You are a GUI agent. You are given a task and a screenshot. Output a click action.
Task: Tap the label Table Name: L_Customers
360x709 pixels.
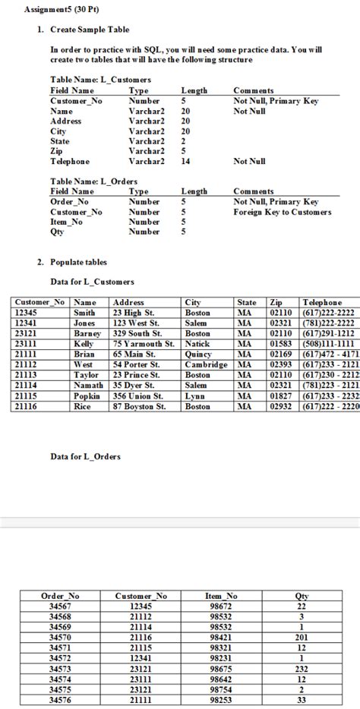(100, 80)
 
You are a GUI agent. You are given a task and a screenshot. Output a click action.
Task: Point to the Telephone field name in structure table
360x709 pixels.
(69, 162)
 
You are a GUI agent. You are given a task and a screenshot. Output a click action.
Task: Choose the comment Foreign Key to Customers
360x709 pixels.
(283, 213)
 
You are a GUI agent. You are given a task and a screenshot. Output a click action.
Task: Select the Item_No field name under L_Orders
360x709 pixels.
(68, 222)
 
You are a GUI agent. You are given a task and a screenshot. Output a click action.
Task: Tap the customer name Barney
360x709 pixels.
(87, 332)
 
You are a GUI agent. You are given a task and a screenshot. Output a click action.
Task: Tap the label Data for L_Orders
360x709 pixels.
(85, 456)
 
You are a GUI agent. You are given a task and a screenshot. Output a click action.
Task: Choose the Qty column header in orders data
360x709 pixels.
(302, 597)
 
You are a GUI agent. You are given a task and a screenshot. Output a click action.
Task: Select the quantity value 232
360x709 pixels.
(302, 670)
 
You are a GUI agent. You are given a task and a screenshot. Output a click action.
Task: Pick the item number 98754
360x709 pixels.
(222, 690)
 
